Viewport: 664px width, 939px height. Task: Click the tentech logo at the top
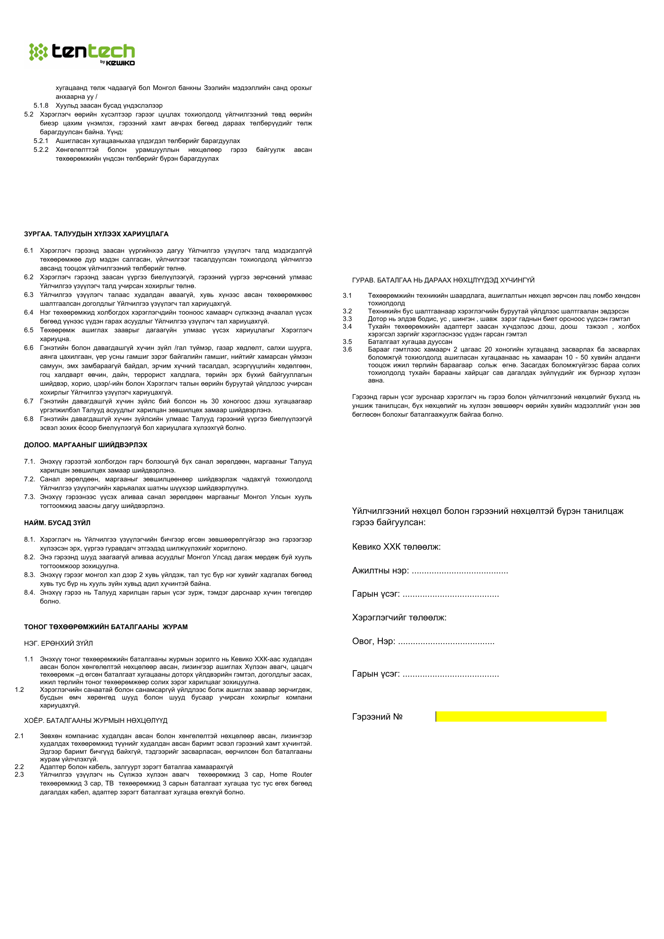82,53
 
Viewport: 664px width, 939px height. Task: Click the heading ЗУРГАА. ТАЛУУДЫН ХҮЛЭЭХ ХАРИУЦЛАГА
96,234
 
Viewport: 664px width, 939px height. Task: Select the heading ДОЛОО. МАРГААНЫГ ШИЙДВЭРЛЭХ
86,444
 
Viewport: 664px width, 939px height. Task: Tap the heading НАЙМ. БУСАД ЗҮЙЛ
57,523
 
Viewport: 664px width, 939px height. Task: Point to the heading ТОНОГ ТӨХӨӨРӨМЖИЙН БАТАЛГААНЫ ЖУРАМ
106,626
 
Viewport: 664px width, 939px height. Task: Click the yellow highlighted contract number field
521,716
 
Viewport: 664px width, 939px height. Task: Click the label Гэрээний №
377,716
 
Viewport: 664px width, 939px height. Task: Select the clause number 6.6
29,348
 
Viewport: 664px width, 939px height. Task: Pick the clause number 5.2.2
41,150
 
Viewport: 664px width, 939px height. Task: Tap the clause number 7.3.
29,497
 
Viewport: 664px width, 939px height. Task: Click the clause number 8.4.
29,592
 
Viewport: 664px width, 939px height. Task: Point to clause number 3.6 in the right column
347,349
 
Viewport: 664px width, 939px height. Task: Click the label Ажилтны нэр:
380,571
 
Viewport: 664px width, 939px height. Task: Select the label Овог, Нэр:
374,641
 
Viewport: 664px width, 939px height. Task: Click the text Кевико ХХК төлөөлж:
396,547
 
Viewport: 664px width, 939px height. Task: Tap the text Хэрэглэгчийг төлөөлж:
399,618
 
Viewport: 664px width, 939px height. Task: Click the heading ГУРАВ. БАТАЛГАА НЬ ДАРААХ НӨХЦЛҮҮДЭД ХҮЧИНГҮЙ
443,280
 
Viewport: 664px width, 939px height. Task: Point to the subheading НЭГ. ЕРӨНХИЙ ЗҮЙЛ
59,643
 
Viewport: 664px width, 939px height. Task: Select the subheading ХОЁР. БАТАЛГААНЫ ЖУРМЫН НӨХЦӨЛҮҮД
96,720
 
